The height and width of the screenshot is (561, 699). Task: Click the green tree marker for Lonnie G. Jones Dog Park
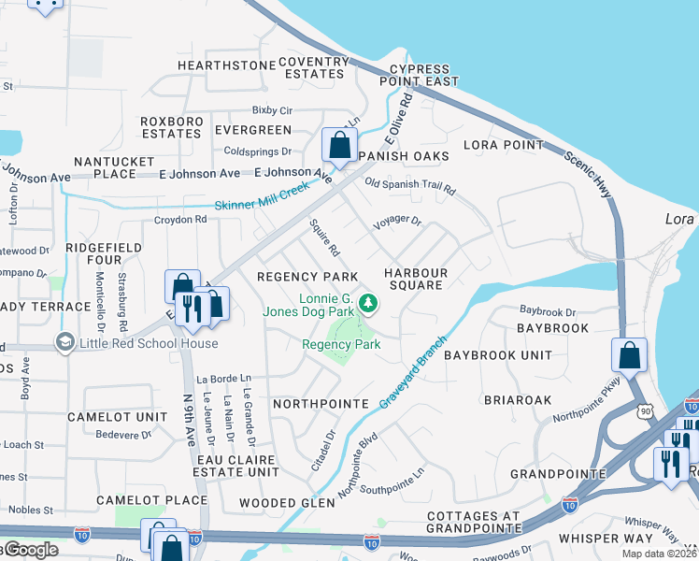coord(369,303)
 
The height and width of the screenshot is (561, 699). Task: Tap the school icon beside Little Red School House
coord(64,343)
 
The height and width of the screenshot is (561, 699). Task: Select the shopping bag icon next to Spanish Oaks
coord(338,146)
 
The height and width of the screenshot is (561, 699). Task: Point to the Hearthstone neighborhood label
coord(221,65)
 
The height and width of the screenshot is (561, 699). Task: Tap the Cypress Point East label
coord(424,76)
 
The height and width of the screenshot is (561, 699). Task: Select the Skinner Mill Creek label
coord(262,198)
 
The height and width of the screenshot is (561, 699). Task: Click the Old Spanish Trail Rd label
coord(409,186)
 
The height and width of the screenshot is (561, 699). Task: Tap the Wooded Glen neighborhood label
coord(286,503)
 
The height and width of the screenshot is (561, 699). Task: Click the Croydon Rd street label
coord(180,220)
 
